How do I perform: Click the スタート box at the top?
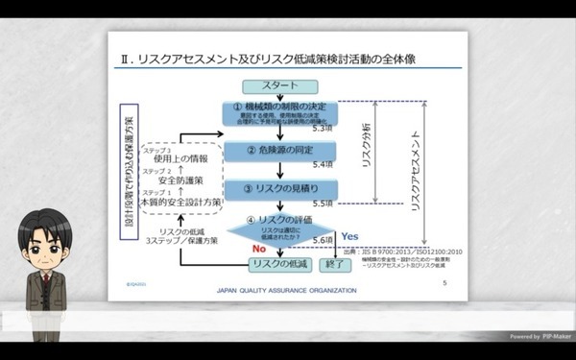click(x=279, y=84)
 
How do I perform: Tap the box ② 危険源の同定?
click(x=279, y=151)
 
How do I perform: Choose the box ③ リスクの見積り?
click(x=279, y=188)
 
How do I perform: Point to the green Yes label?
click(x=349, y=235)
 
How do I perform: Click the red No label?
click(x=258, y=248)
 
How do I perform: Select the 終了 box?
click(x=334, y=263)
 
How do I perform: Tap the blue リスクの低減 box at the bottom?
click(x=278, y=263)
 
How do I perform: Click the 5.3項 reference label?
click(x=323, y=128)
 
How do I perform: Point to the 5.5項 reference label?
click(x=323, y=204)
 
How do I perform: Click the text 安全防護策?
click(x=192, y=180)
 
